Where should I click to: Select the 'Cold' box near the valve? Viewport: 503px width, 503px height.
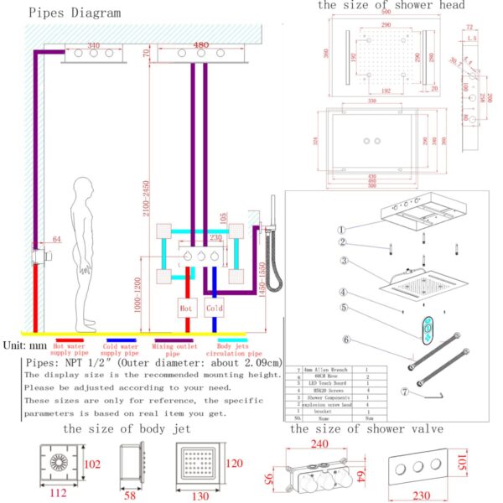tap(215, 308)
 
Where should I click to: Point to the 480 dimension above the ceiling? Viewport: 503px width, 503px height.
tap(201, 45)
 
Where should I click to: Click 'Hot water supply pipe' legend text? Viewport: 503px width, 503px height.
tap(70, 349)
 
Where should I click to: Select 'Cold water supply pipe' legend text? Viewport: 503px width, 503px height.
tap(119, 349)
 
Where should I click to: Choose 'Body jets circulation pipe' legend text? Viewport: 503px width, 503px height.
tap(233, 349)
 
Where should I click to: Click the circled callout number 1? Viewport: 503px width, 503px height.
tap(341, 230)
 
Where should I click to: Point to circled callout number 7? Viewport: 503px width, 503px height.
tap(404, 392)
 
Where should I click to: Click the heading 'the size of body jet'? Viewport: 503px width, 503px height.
tap(127, 429)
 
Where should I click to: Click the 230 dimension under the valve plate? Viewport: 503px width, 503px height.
tap(420, 496)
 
